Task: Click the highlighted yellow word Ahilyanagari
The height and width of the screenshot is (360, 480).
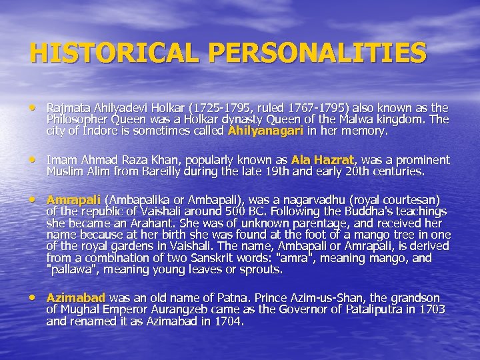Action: (x=265, y=131)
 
